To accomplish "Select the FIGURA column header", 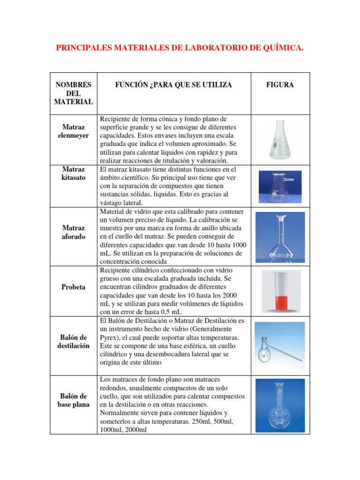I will click(280, 85).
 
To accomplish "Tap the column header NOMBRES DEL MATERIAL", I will click(73, 93).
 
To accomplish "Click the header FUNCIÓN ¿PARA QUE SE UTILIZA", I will click(174, 85).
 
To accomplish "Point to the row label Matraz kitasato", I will click(73, 173).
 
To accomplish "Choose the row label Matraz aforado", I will click(73, 232).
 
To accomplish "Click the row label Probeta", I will click(73, 287).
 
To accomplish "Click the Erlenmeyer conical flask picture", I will click(280, 139).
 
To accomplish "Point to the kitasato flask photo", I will click(280, 186).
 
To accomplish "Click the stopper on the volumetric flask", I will click(280, 218).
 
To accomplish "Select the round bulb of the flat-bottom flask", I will click(280, 417).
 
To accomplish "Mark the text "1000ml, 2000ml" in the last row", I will click(123, 429).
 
